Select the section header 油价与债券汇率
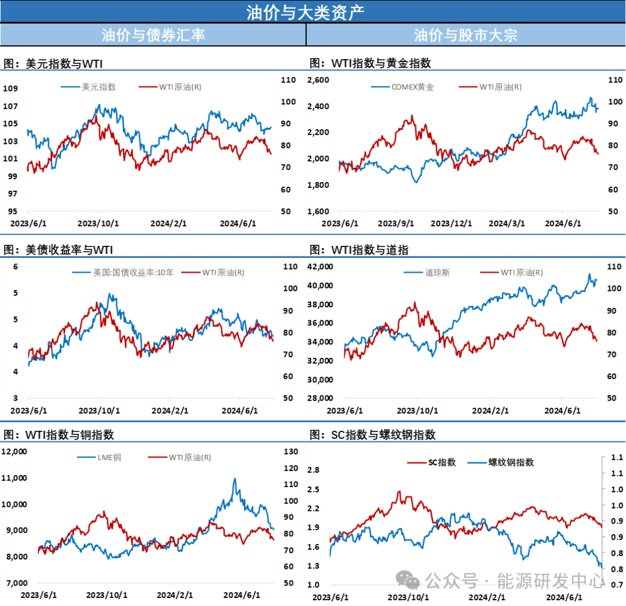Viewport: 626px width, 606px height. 153,35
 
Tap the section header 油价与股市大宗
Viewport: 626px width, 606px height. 465,35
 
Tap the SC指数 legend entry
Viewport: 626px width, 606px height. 442,462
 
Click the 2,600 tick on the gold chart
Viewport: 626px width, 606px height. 318,80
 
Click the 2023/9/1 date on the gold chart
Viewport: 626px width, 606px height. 396,223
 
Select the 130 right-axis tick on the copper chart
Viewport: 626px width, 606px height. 290,451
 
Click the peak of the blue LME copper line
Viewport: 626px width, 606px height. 235,479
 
